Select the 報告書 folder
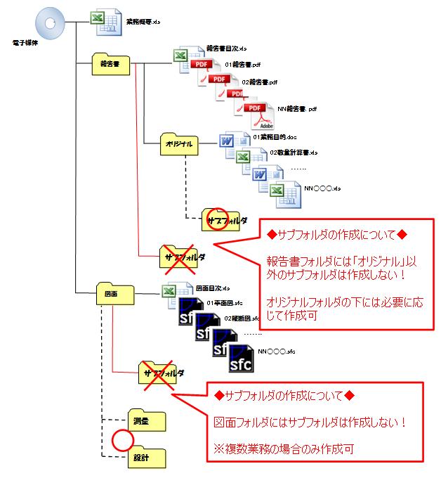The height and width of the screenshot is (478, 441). [112, 63]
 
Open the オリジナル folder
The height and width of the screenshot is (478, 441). [178, 143]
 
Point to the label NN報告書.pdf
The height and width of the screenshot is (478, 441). [298, 109]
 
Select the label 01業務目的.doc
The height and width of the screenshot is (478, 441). [272, 136]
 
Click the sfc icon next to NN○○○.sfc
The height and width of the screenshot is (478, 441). [240, 359]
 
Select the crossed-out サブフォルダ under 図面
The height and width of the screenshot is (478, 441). [161, 373]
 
